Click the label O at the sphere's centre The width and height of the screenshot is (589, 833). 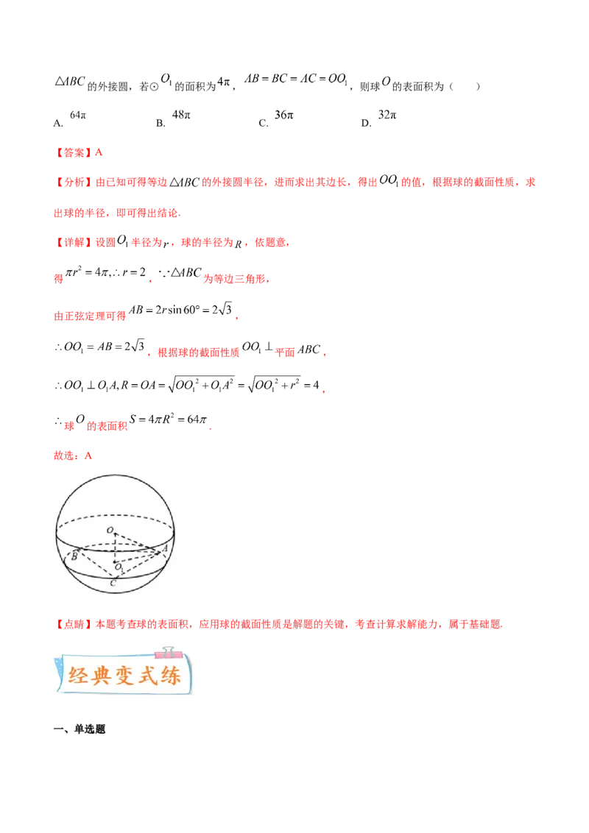pyautogui.click(x=110, y=530)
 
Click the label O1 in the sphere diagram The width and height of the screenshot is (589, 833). pyautogui.click(x=118, y=567)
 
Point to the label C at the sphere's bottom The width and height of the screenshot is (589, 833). pyautogui.click(x=112, y=584)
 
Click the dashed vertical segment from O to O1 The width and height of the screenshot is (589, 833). pyautogui.click(x=115, y=548)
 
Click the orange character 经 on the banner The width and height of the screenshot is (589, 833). pyautogui.click(x=78, y=676)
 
